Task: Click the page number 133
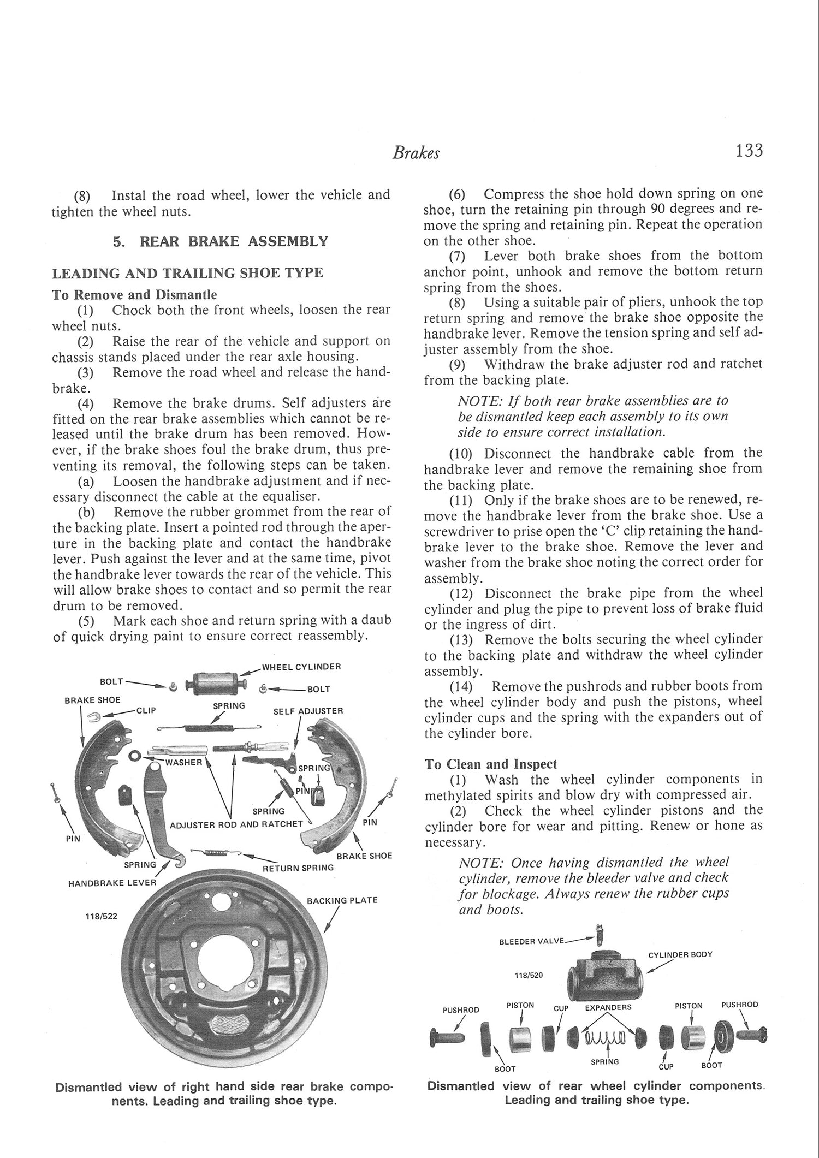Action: (x=748, y=150)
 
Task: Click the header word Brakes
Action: (x=416, y=154)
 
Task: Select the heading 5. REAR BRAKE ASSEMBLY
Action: (x=221, y=241)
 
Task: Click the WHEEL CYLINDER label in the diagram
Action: (x=301, y=667)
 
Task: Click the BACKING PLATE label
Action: (x=342, y=900)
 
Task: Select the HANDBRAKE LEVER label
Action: (x=111, y=883)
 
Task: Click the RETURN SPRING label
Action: (x=298, y=867)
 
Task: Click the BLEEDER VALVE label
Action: (x=532, y=942)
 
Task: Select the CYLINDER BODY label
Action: (x=680, y=955)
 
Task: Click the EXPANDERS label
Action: (x=608, y=1007)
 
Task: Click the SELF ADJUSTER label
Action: (x=308, y=711)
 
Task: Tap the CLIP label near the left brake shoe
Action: (x=146, y=710)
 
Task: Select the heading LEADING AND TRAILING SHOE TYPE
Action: (x=187, y=272)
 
